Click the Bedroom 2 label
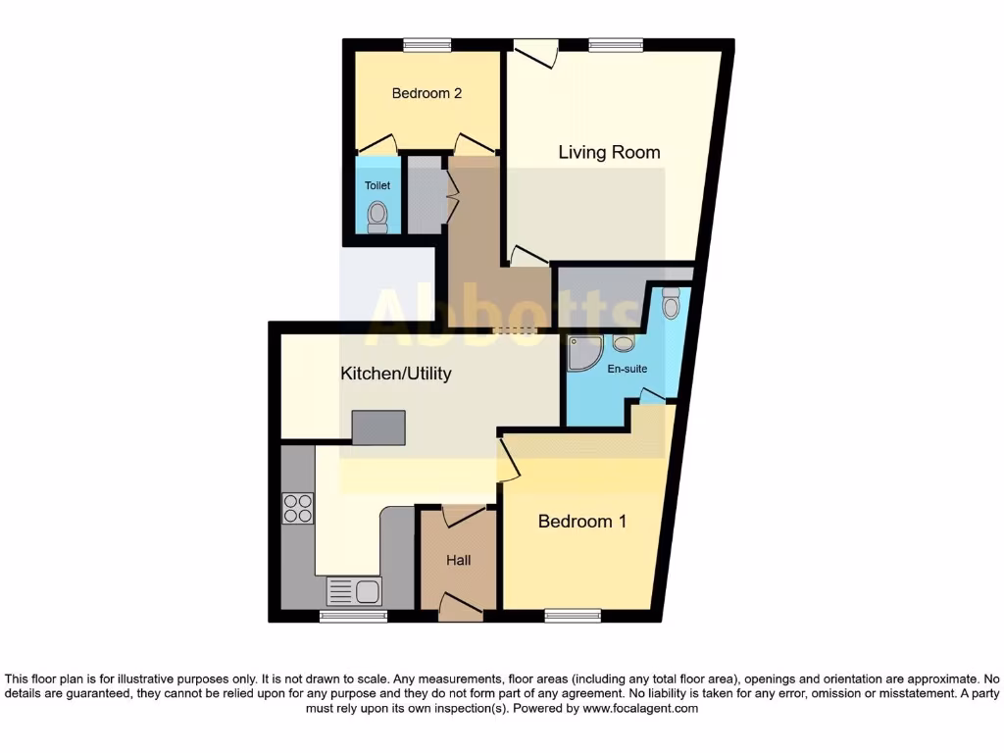427,94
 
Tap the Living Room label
609,152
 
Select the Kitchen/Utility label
395,374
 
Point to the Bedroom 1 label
581,522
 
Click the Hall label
458,561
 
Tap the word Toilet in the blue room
377,185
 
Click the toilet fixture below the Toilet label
377,218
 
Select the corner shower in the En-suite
582,350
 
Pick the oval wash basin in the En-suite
624,343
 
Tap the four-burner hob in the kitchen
298,508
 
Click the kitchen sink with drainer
355,591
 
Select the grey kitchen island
378,428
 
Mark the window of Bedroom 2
427,44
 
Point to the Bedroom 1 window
573,616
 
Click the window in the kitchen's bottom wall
353,616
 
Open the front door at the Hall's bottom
461,607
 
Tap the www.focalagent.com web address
640,708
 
